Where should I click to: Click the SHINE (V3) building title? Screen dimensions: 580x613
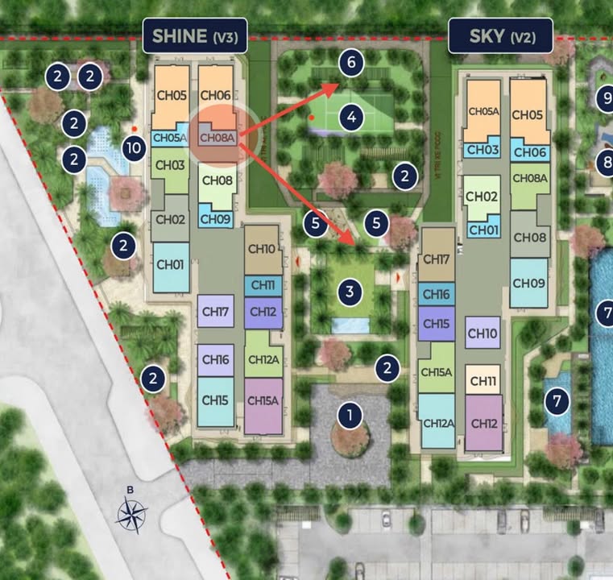click(193, 36)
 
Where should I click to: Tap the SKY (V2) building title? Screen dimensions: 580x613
click(500, 36)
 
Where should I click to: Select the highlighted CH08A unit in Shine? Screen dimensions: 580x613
click(217, 137)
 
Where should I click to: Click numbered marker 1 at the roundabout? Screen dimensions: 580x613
click(349, 416)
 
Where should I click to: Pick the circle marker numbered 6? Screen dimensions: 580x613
click(349, 61)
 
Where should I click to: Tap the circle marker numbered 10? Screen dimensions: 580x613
click(135, 147)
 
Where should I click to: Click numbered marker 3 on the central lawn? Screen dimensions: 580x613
click(349, 291)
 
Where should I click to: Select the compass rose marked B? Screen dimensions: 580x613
click(131, 510)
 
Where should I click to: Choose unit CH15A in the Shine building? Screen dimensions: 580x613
click(263, 400)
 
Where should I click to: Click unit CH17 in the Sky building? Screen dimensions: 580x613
click(436, 259)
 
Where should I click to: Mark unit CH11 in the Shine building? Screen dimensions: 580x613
click(263, 285)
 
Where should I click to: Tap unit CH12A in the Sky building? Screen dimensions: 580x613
click(436, 423)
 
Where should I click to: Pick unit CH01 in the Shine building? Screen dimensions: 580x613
click(171, 264)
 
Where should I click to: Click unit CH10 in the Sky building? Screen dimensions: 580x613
click(482, 332)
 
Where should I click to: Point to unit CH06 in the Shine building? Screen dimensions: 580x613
click(215, 95)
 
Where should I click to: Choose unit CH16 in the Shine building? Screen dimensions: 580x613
click(216, 360)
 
